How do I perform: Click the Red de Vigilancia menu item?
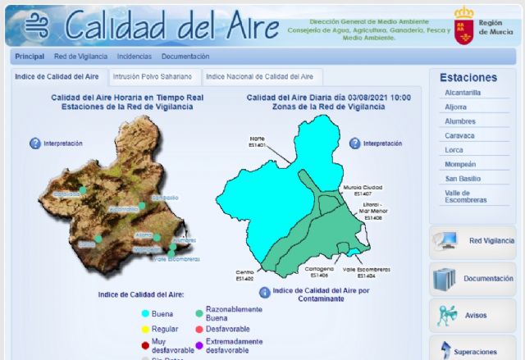tap(80, 57)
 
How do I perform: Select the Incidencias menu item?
tap(134, 57)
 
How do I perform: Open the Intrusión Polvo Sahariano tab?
tap(153, 76)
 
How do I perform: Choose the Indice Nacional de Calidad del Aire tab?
tap(259, 76)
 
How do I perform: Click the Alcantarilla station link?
tap(461, 93)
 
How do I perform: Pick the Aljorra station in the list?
tap(456, 107)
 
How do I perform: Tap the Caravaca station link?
tap(459, 135)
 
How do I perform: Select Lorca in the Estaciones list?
tap(454, 149)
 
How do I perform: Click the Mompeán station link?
tap(460, 164)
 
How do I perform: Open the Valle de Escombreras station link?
tap(465, 196)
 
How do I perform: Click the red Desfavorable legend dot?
tap(199, 328)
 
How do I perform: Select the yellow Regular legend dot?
tap(145, 328)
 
